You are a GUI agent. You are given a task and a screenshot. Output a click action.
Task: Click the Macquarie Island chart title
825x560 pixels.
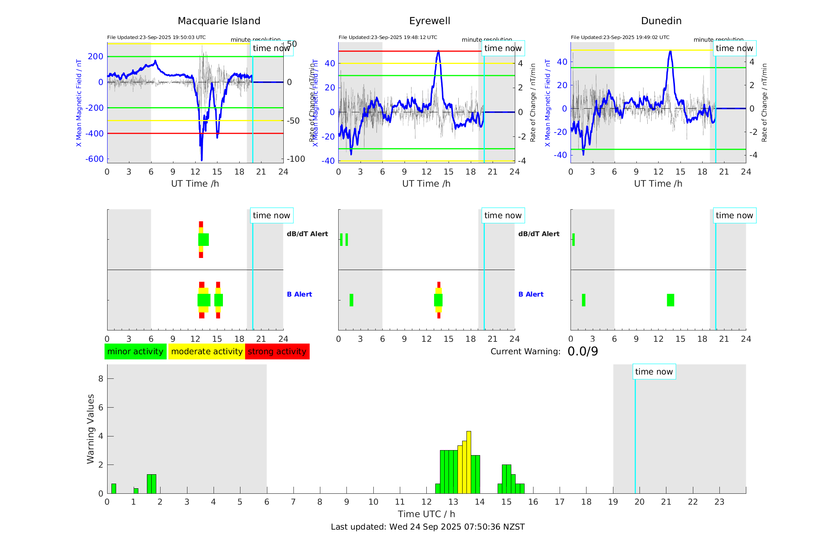point(219,21)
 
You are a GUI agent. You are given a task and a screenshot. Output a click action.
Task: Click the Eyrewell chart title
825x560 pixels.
point(429,21)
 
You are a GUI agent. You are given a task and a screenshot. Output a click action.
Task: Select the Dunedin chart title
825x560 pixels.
point(661,21)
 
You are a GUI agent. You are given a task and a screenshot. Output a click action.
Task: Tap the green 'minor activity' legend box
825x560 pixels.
point(135,352)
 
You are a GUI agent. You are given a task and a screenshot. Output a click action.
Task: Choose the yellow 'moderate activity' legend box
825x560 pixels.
point(207,352)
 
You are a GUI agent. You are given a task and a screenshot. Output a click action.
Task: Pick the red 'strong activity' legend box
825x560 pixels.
point(277,352)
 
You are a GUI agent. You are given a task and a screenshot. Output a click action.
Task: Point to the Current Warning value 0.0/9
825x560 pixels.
point(583,352)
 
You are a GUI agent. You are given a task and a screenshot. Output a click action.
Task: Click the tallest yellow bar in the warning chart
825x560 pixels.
point(469,462)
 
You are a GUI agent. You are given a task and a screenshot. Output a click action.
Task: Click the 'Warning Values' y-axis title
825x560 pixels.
point(91,429)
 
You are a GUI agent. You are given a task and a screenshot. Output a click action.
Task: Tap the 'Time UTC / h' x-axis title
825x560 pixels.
point(426,514)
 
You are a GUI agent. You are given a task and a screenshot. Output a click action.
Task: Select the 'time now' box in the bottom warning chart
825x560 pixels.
point(654,372)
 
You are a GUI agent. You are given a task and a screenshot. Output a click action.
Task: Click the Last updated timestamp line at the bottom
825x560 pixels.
point(428,527)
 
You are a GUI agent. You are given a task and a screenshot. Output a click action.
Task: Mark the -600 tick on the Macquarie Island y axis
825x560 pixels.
point(94,159)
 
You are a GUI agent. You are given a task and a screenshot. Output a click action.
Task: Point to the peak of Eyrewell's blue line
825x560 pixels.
point(438,51)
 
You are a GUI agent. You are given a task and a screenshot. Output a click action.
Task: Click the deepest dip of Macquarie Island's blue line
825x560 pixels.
point(201,159)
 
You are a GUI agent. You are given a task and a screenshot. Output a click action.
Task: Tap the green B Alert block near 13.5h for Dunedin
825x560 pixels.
point(670,300)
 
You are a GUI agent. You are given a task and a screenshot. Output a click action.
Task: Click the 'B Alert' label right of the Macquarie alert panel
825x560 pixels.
point(299,294)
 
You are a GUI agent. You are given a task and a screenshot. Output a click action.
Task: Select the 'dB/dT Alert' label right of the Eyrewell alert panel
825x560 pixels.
point(539,234)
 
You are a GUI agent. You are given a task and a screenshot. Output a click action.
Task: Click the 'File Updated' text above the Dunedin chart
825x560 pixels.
point(620,37)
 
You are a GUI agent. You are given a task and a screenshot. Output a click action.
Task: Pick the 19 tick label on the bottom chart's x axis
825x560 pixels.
point(613,502)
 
